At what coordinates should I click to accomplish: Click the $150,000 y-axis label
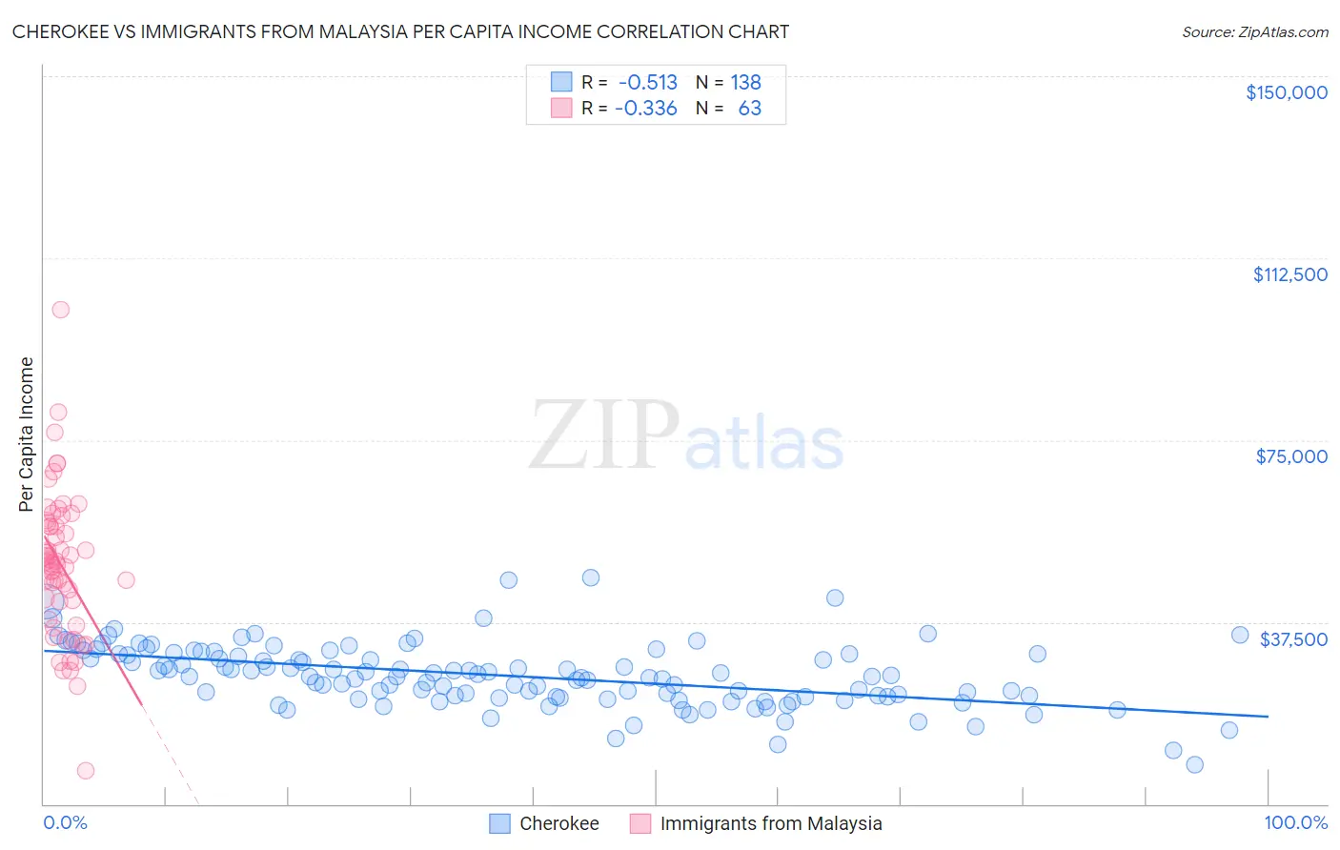tap(1286, 92)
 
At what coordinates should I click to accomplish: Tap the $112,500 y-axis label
tap(1289, 274)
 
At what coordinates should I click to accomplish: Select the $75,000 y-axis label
tap(1291, 456)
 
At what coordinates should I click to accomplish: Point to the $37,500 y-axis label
tap(1293, 639)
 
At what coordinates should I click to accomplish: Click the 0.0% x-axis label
tap(65, 822)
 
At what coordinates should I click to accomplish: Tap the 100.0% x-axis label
tap(1295, 822)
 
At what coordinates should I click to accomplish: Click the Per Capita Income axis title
tap(27, 434)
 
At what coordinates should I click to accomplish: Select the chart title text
tap(400, 31)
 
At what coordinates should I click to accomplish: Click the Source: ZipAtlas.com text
tap(1254, 31)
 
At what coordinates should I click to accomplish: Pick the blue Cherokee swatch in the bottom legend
tap(500, 823)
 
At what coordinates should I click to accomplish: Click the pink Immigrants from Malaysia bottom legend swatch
tap(640, 823)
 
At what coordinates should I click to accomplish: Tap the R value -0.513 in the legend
tap(647, 83)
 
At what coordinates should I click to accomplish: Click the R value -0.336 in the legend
tap(645, 109)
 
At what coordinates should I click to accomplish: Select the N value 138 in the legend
tap(745, 83)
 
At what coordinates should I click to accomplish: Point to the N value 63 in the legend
tap(749, 109)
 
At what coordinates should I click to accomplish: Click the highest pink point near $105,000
tap(60, 310)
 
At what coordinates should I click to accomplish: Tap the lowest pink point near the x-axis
tap(86, 770)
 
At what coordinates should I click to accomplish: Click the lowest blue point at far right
tap(1194, 764)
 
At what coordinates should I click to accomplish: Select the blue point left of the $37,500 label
tap(1239, 635)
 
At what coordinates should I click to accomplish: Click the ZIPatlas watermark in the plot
tap(686, 436)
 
